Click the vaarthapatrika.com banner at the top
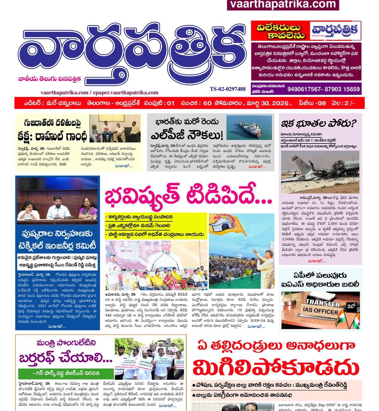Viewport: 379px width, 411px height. coord(283,4)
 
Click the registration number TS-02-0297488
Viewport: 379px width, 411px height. coord(228,89)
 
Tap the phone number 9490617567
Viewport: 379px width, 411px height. coord(305,89)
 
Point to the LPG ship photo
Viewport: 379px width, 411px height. coord(249,127)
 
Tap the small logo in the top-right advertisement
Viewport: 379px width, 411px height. coord(335,31)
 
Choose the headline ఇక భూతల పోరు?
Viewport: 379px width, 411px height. coord(319,124)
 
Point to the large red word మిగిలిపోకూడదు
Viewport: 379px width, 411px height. coord(276,368)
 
